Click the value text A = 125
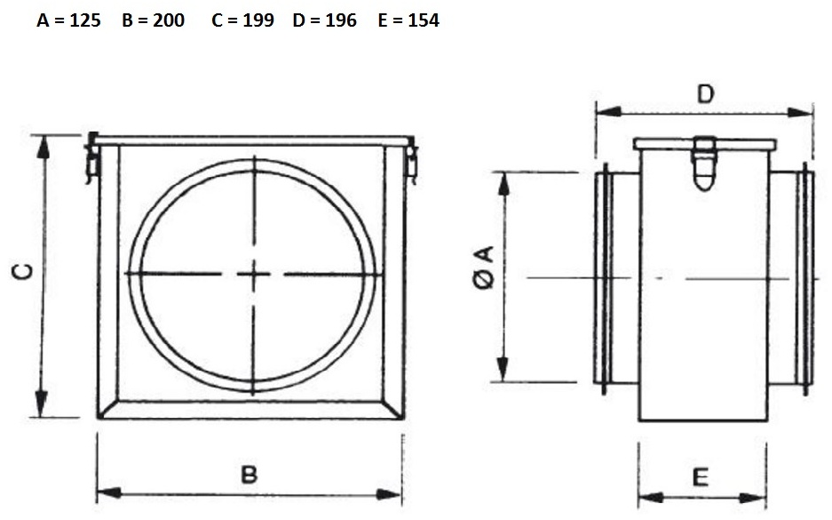[68, 20]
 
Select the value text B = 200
[153, 20]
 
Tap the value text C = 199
[242, 20]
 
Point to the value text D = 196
[325, 20]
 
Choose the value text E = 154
[408, 20]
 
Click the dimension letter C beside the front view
[23, 271]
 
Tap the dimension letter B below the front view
[250, 474]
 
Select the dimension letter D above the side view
[705, 94]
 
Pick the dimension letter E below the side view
[701, 477]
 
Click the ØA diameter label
[483, 268]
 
